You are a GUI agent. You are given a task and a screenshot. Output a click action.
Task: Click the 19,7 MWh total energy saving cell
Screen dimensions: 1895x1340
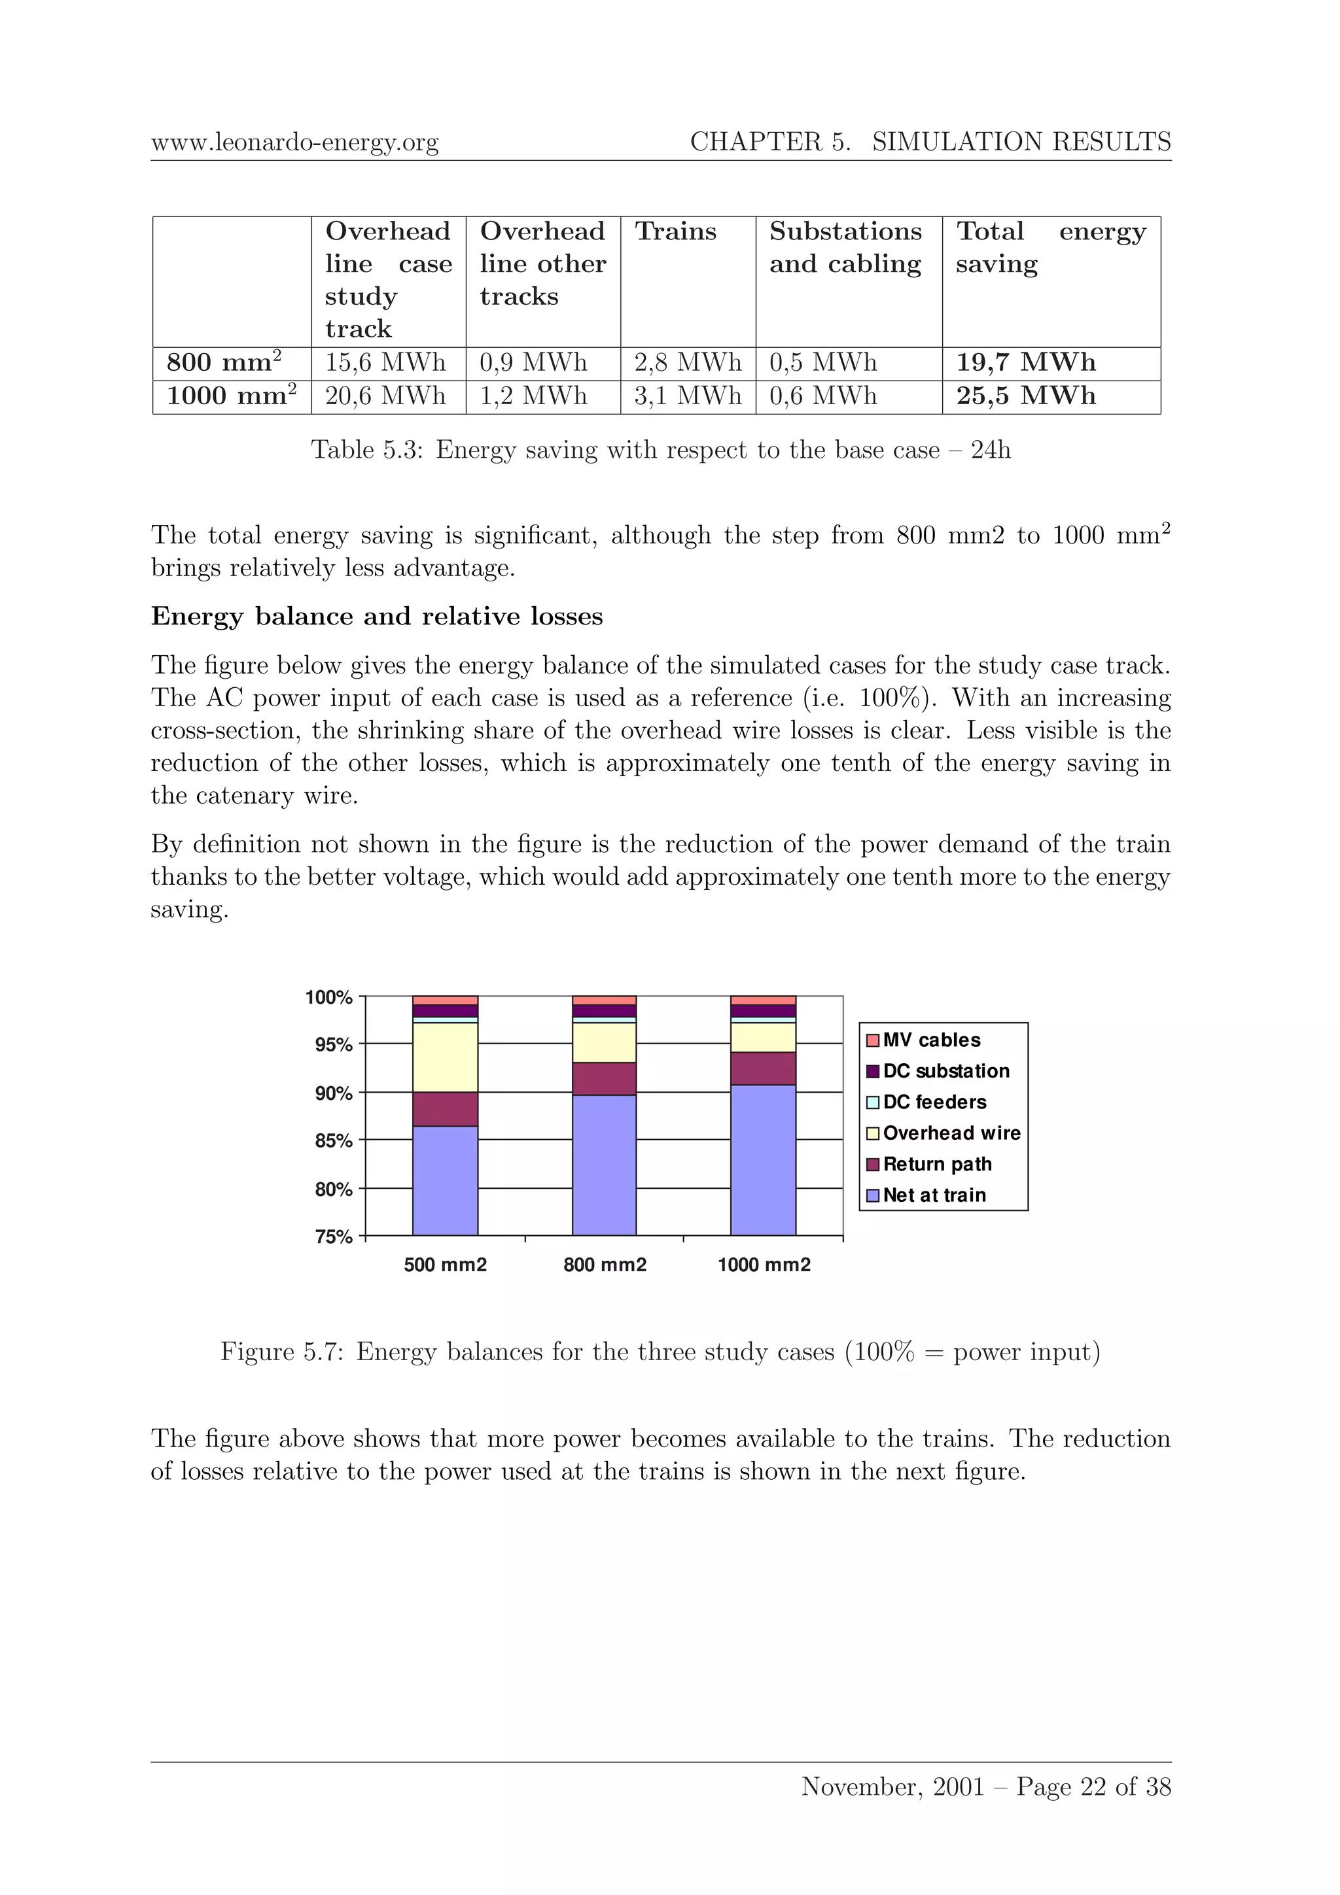pos(1025,362)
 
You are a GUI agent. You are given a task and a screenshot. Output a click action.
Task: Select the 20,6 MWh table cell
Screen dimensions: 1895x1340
pos(385,396)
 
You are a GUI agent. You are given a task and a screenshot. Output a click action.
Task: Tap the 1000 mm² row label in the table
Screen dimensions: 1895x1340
pos(231,396)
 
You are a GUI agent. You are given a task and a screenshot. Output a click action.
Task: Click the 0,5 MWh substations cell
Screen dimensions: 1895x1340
pos(823,362)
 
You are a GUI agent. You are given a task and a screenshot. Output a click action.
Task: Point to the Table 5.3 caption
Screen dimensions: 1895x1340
pos(660,450)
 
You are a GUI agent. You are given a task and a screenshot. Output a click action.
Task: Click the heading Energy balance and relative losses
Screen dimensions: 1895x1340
pos(376,617)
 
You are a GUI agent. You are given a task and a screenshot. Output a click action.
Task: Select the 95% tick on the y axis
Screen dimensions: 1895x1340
pos(334,1045)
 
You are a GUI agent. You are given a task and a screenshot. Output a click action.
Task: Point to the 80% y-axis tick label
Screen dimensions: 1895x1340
pos(334,1189)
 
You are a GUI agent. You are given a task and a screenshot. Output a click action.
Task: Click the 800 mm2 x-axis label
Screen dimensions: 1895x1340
pos(605,1265)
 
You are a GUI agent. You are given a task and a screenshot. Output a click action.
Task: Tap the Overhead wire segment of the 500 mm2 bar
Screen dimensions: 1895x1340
pos(445,1057)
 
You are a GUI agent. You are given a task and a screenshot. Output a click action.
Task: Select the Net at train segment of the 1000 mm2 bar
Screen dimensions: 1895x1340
pos(763,1159)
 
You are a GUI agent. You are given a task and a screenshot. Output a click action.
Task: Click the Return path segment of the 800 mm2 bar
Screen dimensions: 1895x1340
pos(605,1079)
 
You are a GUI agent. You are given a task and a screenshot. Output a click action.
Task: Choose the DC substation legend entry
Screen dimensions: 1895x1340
pos(945,1071)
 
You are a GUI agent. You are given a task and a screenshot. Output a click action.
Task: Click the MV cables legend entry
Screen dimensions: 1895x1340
pos(931,1040)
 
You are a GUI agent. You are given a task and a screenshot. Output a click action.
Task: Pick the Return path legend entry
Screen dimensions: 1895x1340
pos(937,1165)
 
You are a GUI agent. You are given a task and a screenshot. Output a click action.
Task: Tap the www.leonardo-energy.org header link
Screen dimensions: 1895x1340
pos(294,143)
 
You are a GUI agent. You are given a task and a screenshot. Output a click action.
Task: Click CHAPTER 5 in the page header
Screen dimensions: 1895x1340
pos(769,142)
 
